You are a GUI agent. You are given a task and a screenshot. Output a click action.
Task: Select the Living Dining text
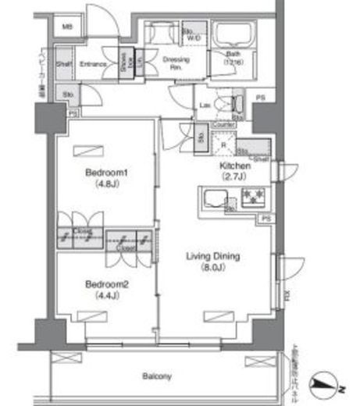tap(211, 256)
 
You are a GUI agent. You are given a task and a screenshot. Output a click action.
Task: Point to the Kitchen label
tap(234, 166)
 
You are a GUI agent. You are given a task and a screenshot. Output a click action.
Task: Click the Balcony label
tap(157, 376)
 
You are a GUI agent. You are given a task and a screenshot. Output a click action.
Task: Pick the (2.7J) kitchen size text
tap(234, 176)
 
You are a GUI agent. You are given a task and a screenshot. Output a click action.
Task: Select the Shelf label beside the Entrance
tap(65, 65)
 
